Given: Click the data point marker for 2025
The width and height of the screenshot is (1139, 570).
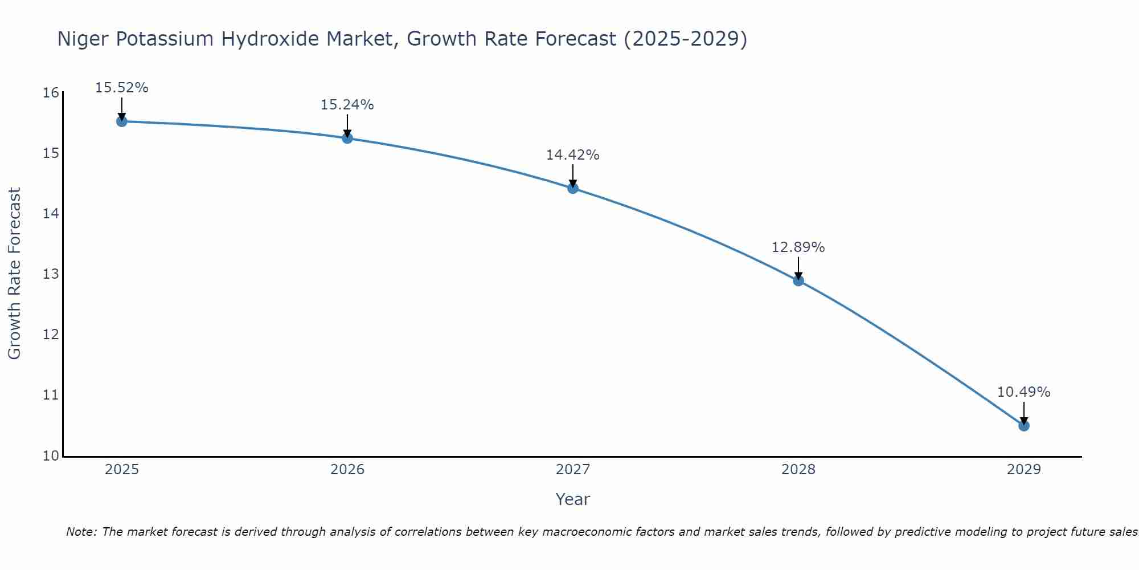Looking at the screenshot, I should (x=121, y=121).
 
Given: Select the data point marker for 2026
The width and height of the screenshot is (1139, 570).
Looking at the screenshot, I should (x=347, y=138).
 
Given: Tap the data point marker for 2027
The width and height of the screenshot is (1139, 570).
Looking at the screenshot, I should (x=573, y=188).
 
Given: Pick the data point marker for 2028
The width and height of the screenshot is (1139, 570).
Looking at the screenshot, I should (x=798, y=280).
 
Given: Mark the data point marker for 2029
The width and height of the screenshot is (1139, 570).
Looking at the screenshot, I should (x=1024, y=426).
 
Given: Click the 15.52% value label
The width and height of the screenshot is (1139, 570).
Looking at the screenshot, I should (x=121, y=88).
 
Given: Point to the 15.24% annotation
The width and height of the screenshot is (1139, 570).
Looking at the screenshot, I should (x=347, y=105).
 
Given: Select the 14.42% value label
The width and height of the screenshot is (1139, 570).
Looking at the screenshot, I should (x=573, y=155).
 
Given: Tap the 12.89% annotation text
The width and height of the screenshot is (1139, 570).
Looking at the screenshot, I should (x=798, y=247).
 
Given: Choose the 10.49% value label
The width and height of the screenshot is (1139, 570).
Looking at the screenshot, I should (x=1024, y=392).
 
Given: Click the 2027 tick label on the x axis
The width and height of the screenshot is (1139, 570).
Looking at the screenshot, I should (x=573, y=470).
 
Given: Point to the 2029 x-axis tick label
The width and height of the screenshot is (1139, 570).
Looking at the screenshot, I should (x=1024, y=470).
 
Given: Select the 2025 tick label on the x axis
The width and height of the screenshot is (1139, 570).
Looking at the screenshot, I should (x=122, y=470).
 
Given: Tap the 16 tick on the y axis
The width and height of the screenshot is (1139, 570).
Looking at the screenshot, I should (x=51, y=93).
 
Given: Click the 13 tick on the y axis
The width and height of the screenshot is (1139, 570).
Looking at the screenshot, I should (x=51, y=274).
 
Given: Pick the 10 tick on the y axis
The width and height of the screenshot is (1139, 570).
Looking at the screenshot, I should (x=51, y=456).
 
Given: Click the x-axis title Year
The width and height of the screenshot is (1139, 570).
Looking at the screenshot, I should (x=573, y=499).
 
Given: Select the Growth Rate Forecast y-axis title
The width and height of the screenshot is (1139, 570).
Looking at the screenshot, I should (x=15, y=274).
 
